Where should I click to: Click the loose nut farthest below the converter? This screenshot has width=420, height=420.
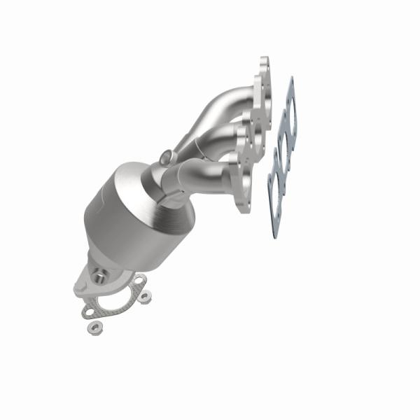click(x=92, y=326)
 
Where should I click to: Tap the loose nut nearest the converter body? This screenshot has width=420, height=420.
click(x=143, y=297)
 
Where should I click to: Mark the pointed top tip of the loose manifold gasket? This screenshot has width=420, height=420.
click(x=291, y=79)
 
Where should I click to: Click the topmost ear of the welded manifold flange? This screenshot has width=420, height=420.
click(x=264, y=63)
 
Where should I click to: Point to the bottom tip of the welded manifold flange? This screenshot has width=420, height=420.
click(x=241, y=210)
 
